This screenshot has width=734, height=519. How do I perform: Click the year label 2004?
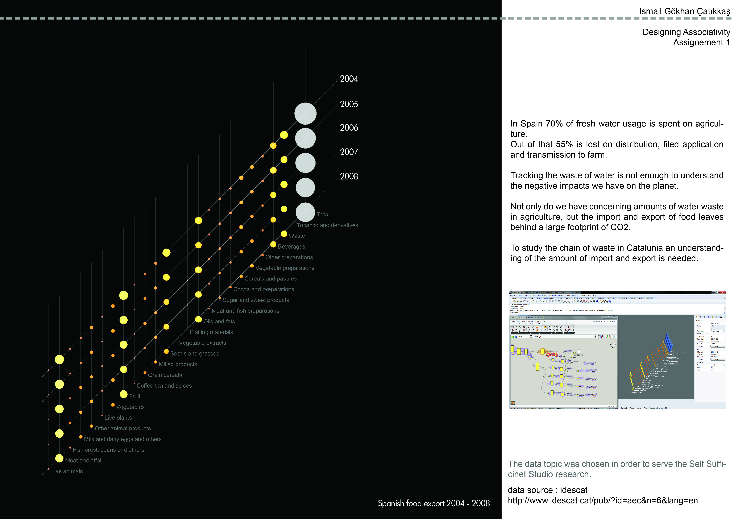(x=349, y=79)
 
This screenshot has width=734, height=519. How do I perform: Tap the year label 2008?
(x=349, y=176)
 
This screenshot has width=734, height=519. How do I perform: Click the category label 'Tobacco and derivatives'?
(x=327, y=225)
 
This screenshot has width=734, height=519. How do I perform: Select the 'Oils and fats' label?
(x=219, y=321)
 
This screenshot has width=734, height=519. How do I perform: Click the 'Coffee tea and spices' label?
(x=164, y=386)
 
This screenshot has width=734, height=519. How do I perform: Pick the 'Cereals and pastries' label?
(x=270, y=279)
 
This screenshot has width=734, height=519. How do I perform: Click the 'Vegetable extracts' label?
(x=202, y=343)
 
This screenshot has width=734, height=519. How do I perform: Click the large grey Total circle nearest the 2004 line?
(x=305, y=113)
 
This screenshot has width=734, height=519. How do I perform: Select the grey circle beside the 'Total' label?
(x=305, y=212)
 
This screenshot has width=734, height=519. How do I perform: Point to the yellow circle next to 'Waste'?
(x=284, y=234)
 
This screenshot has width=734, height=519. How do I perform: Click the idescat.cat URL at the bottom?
(x=603, y=501)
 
